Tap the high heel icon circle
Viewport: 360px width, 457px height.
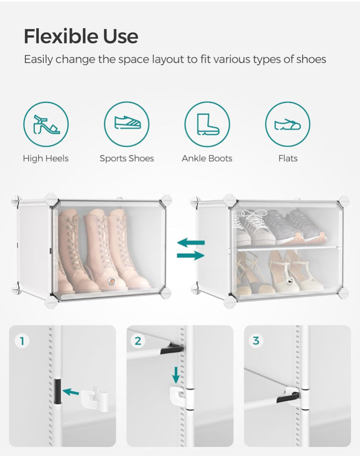tap(46, 124)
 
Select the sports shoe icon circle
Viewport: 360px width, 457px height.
tap(127, 124)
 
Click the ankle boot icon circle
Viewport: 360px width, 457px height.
tap(207, 124)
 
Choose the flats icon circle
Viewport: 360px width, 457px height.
tap(288, 124)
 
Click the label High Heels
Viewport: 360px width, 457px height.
tap(46, 158)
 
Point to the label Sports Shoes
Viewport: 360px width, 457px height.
tap(127, 158)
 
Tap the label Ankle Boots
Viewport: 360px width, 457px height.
tap(207, 158)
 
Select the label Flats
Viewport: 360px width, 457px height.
tap(288, 158)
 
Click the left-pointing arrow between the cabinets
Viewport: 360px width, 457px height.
tap(191, 243)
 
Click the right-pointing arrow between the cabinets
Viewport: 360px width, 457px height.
tap(191, 256)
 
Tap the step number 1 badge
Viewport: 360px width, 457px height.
tap(22, 341)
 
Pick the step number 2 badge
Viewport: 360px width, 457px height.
tap(138, 341)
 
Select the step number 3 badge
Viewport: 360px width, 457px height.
tap(256, 341)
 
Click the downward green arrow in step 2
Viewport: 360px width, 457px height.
tap(176, 374)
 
